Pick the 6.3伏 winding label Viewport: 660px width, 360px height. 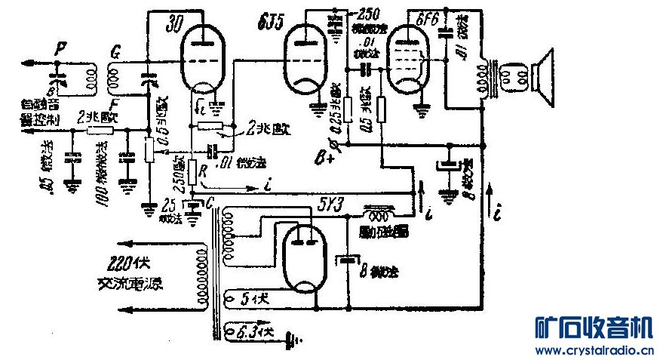coord(250,331)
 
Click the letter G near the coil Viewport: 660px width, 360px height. coord(115,54)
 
